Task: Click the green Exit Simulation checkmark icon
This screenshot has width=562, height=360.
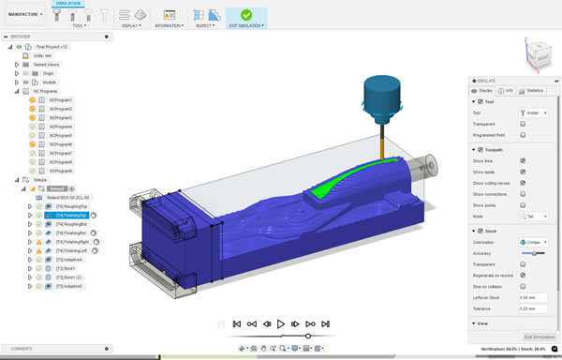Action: (x=245, y=15)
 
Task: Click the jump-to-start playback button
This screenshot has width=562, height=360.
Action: (x=238, y=323)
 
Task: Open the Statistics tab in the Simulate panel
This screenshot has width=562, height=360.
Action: (x=534, y=91)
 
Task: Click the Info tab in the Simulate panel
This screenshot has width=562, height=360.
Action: (x=509, y=91)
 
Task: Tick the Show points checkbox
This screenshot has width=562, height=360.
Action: (x=523, y=204)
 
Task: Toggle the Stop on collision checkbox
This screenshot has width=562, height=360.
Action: (x=523, y=286)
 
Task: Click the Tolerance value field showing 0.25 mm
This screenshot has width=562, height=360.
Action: (x=533, y=307)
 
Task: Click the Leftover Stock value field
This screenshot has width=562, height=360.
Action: (x=533, y=296)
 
